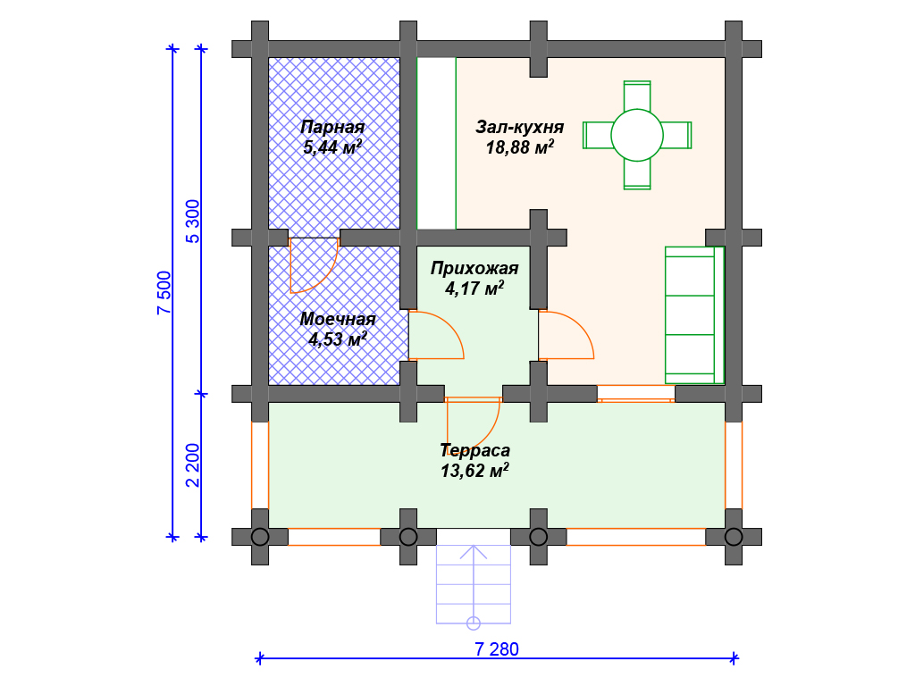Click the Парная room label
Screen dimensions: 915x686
click(x=332, y=127)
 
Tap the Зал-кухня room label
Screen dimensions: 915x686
click(x=519, y=127)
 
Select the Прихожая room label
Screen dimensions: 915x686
click(x=474, y=268)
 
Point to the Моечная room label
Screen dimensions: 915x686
click(x=337, y=319)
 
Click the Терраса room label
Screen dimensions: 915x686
click(x=475, y=450)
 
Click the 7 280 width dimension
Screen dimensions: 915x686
click(x=497, y=649)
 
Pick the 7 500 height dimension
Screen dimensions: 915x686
click(x=164, y=293)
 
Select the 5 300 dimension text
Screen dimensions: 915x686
click(x=193, y=222)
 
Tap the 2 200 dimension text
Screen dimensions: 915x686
click(x=193, y=464)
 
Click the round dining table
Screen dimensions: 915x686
click(x=636, y=136)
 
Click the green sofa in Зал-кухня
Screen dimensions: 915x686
click(x=694, y=315)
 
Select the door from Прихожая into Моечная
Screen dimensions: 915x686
click(x=436, y=335)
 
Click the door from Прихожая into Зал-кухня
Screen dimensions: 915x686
click(x=566, y=335)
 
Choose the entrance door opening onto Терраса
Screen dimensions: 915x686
click(x=474, y=422)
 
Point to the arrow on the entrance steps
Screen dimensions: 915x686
click(x=474, y=583)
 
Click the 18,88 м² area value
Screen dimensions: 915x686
click(x=519, y=146)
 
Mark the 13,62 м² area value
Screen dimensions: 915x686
click(x=474, y=470)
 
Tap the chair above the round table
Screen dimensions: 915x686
click(x=636, y=96)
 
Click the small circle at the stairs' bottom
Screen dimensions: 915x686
click(x=474, y=623)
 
